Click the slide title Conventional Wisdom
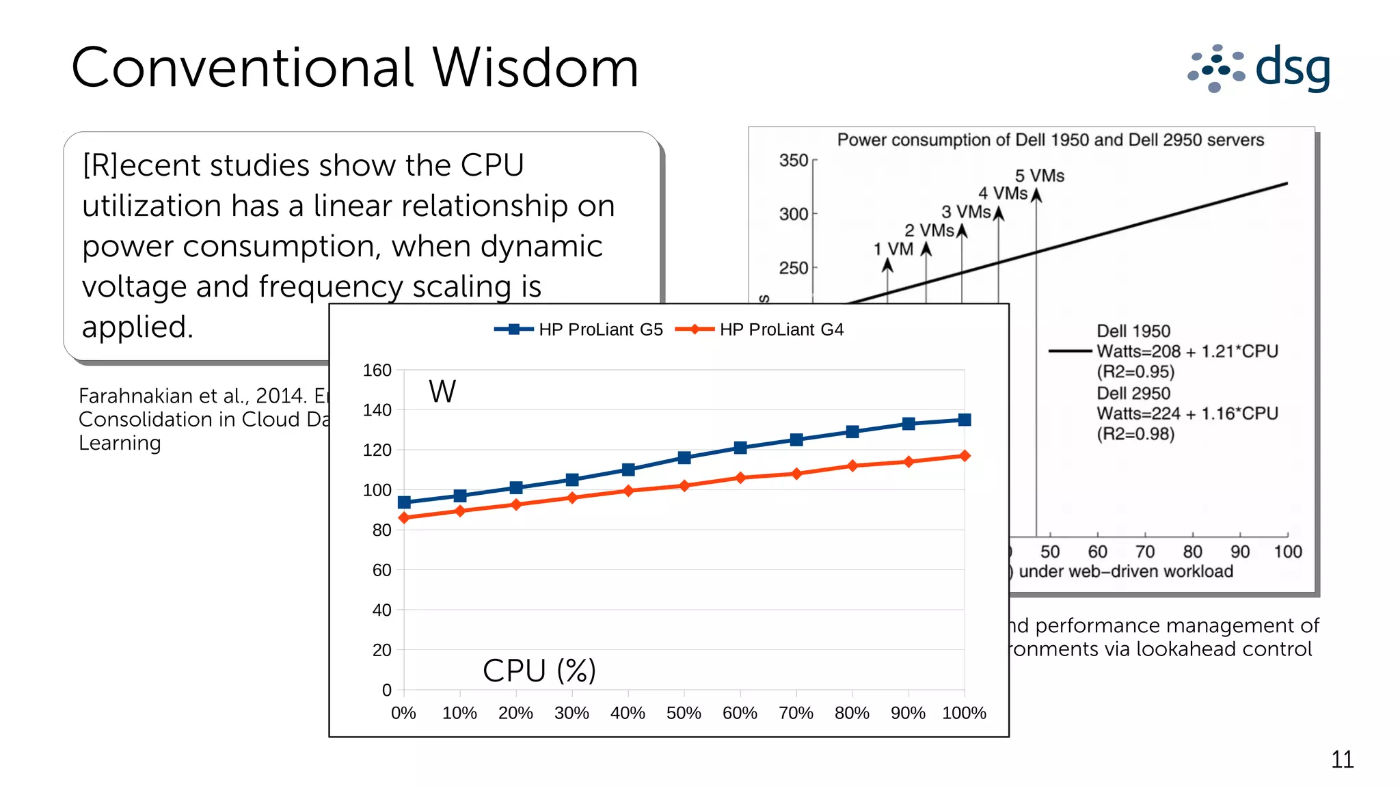coord(355,68)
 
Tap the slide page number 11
coord(1342,759)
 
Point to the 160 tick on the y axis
coord(377,370)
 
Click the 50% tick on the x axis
coord(684,713)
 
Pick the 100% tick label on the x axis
coord(964,713)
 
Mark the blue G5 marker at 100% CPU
coord(965,420)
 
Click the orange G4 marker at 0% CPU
coord(404,517)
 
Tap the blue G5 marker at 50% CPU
coord(684,457)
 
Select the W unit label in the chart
coord(442,392)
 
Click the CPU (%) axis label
coord(539,670)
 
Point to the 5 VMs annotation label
coord(1039,176)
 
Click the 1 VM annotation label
coord(893,249)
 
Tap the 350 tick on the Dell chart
coord(794,161)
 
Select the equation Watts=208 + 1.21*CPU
coord(1187,351)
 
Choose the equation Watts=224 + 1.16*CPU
coord(1187,414)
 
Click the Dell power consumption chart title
coord(1050,140)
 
